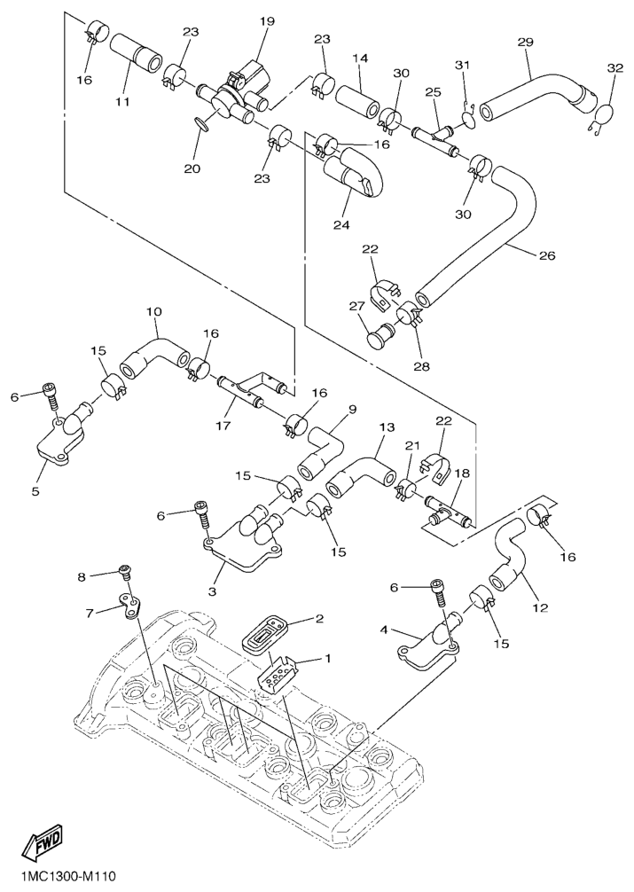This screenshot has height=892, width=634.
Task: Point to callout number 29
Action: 525,43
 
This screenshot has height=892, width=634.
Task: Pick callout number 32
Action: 615,68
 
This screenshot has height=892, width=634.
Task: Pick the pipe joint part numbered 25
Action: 434,134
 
